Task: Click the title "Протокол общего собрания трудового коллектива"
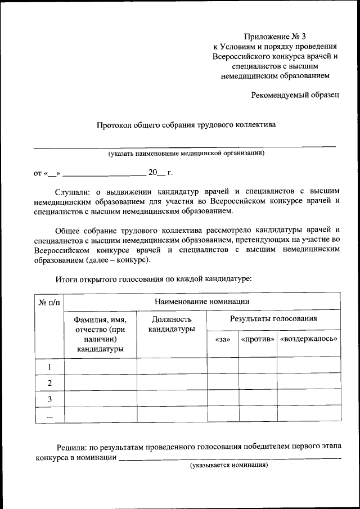pos(185,125)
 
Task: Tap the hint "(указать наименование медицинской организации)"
pos(186,153)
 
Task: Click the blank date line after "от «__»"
pos(104,173)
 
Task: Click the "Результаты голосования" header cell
pos(273,319)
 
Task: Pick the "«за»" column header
pos(223,339)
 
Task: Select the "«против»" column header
pos(258,339)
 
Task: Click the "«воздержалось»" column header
pos(308,339)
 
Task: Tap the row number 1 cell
pos(49,367)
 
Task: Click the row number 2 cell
pos(49,383)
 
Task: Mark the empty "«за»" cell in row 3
pos(223,399)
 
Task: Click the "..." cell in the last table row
pos(49,415)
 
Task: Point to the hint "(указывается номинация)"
pos(228,466)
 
